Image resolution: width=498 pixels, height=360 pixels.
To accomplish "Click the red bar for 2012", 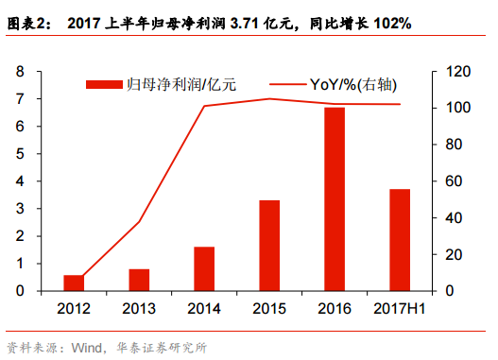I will pos(74,283).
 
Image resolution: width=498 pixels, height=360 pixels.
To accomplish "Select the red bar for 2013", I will pos(139,280).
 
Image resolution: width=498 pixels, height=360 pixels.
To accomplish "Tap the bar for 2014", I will pos(204,268).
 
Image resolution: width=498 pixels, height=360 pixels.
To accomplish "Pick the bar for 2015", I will pos(269,246).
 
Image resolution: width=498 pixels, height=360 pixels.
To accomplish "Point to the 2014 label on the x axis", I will pos(204,308).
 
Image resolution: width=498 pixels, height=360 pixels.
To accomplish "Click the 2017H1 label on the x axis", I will pos(400,308).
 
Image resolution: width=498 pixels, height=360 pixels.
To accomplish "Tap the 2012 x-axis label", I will pos(74,308).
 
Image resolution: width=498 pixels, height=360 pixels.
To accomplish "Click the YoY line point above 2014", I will pos(204,106).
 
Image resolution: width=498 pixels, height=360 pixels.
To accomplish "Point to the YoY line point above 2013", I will pos(139,222).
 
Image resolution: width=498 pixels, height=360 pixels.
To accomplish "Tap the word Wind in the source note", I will pos(87,346).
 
